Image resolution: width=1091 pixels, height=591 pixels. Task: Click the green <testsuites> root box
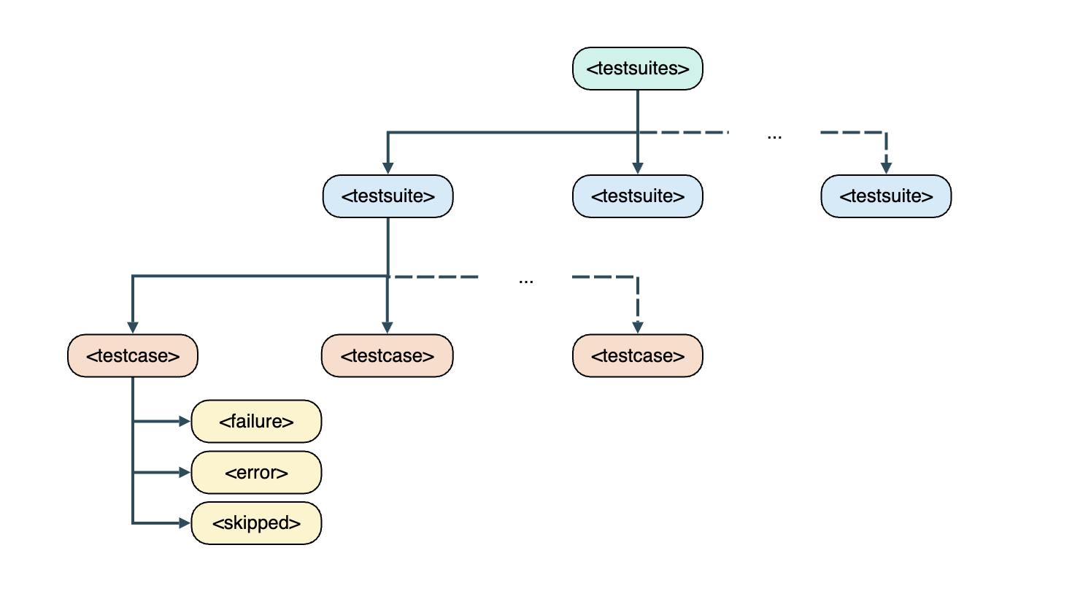click(x=637, y=69)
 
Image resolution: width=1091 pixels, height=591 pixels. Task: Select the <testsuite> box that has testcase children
click(x=388, y=196)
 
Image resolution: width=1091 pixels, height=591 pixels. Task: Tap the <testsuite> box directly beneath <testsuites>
click(x=637, y=196)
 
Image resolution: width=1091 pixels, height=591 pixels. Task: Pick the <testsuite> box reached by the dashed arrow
click(x=885, y=196)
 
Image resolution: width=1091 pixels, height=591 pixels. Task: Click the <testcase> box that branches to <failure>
click(x=132, y=356)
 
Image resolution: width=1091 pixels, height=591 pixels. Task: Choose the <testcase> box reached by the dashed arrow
click(x=637, y=356)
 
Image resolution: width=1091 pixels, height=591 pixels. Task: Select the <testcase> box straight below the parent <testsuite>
click(x=388, y=356)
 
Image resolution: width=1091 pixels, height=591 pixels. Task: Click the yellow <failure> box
click(x=256, y=421)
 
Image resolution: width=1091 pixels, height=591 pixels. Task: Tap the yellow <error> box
click(x=256, y=472)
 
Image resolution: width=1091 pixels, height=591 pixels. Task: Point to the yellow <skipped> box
click(x=256, y=523)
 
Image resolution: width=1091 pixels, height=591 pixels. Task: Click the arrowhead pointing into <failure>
click(x=185, y=421)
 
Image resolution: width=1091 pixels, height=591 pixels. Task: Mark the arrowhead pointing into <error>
click(x=185, y=472)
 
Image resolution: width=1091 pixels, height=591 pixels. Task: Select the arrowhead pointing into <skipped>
click(x=185, y=523)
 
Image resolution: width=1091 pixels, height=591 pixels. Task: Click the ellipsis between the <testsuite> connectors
click(x=774, y=136)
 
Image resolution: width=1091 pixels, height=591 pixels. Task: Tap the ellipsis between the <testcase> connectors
click(x=525, y=280)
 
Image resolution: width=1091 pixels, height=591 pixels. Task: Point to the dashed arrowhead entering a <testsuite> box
click(x=885, y=168)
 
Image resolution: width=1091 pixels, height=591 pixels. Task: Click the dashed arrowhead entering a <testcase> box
click(x=637, y=327)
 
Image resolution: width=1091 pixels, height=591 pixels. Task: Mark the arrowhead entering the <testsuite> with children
click(x=388, y=168)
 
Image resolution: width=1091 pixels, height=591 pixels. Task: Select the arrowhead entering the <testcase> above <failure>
click(x=132, y=327)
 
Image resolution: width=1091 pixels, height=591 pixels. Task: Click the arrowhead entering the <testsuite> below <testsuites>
click(x=637, y=168)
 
